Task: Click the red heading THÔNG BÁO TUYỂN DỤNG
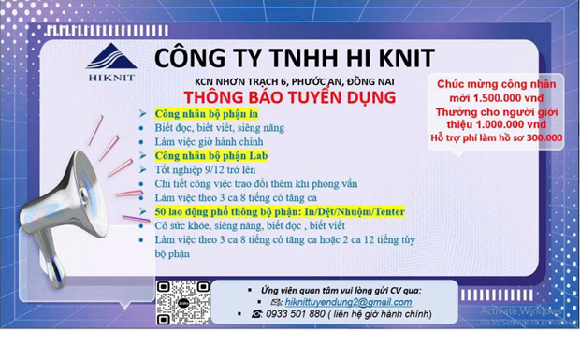point(290,97)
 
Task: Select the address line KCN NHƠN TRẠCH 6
point(240,81)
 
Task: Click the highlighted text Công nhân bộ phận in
point(207,114)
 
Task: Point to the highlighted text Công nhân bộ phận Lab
point(211,156)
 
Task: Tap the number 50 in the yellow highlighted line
point(160,211)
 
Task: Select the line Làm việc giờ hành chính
point(209,142)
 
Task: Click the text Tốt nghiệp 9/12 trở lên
point(205,170)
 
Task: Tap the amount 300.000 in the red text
point(544,137)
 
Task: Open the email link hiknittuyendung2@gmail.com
point(348,302)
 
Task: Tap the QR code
point(183,303)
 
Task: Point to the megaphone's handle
point(51,259)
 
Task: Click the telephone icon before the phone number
point(256,314)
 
